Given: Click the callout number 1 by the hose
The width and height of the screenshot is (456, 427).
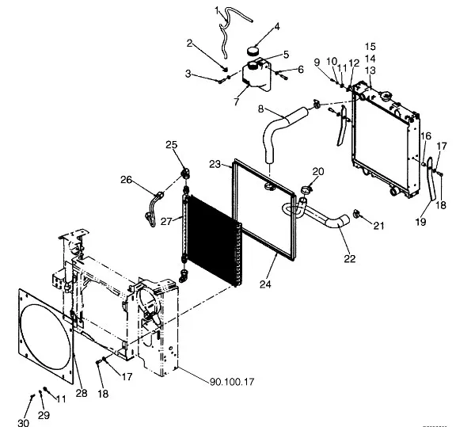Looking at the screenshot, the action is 217,11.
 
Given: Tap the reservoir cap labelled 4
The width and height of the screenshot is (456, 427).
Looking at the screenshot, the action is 253,51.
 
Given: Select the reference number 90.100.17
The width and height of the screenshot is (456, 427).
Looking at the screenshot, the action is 232,382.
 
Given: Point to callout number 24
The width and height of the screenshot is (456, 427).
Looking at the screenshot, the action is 265,284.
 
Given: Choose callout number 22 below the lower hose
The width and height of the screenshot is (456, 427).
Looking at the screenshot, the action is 350,258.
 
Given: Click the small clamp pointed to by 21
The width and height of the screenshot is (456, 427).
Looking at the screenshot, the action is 356,214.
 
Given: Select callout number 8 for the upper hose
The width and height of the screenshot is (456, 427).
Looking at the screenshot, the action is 261,109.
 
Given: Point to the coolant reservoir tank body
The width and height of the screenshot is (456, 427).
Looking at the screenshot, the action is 256,76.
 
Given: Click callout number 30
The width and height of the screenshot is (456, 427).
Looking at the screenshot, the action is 23,422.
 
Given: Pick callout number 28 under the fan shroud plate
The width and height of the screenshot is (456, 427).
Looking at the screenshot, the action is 82,393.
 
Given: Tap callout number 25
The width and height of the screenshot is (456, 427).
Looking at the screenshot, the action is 171,145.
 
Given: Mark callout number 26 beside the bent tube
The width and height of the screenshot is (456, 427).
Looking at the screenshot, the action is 126,180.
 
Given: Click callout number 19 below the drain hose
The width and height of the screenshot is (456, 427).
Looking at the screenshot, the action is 420,222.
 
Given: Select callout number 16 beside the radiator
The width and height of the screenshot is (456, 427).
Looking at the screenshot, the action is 426,136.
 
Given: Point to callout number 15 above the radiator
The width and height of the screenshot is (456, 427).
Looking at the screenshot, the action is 370,46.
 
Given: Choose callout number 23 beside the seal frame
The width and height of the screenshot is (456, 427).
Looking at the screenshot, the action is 215,164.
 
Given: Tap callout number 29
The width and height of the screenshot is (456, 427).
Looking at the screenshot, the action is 44,415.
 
